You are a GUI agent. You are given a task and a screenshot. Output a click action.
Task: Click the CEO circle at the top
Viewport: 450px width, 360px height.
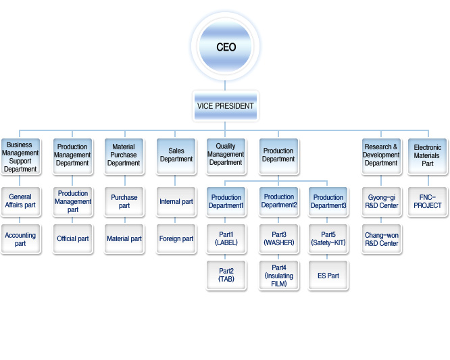(x=225, y=47)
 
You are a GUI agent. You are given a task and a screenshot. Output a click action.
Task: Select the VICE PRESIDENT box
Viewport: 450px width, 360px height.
(x=225, y=106)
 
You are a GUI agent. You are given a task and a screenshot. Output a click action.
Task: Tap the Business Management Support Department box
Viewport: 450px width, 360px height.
(x=21, y=157)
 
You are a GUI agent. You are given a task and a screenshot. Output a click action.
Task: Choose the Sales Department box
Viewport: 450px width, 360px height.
(x=176, y=157)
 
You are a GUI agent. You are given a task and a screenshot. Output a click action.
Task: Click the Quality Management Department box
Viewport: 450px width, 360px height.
(x=226, y=157)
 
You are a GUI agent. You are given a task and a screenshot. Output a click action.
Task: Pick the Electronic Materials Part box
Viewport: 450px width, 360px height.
(x=428, y=157)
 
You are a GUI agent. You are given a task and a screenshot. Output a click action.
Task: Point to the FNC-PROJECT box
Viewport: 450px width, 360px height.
(x=428, y=202)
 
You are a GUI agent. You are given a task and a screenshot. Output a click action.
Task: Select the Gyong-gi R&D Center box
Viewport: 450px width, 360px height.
(x=381, y=202)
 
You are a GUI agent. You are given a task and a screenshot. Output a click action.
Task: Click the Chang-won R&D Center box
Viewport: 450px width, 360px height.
(x=381, y=239)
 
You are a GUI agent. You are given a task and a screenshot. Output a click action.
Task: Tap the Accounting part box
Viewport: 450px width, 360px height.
(x=21, y=239)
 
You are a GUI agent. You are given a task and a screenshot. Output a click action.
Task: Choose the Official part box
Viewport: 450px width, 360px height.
(x=73, y=239)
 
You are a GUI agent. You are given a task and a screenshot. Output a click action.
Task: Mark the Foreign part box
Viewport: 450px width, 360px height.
(x=176, y=239)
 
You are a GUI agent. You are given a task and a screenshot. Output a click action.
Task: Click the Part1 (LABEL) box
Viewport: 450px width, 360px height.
(x=226, y=239)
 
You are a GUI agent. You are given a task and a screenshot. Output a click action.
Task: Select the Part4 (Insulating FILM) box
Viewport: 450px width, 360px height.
(x=278, y=276)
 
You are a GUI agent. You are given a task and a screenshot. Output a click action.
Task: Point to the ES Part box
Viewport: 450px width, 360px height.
(x=328, y=276)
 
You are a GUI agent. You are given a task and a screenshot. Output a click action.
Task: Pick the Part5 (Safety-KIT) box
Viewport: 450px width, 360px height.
(x=328, y=239)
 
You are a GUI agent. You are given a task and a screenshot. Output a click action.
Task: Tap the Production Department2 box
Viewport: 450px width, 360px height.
(x=278, y=202)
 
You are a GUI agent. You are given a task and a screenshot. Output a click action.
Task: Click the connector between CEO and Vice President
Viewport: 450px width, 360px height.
(x=225, y=86)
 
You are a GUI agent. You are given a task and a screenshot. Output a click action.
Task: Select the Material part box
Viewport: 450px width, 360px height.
(x=124, y=239)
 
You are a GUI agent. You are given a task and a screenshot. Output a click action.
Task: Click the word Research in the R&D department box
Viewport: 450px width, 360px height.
(x=378, y=147)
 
